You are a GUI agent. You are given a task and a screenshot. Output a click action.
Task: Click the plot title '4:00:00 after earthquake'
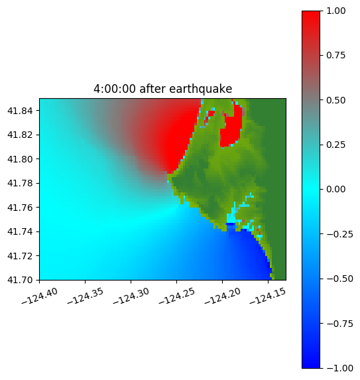coord(163,89)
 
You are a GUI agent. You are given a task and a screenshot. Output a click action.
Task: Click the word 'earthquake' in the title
coord(201,89)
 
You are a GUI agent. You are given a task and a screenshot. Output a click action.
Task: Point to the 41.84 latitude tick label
coord(20,111)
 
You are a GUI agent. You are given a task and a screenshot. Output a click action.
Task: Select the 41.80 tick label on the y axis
coord(20,159)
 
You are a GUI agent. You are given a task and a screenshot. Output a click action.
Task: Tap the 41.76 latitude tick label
coord(20,208)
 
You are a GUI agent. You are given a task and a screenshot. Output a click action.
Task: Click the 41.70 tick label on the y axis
coord(20,280)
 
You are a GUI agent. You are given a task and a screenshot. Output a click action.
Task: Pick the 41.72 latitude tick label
coord(20,256)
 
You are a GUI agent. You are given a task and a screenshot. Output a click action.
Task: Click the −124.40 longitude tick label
coord(40,296)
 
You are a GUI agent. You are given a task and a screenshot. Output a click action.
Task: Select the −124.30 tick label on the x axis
coord(131,296)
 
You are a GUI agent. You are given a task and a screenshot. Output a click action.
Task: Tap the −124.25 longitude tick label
coord(176,296)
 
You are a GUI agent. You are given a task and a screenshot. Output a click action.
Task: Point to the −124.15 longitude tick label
coord(268,296)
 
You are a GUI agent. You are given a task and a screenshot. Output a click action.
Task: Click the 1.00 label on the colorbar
coord(335,11)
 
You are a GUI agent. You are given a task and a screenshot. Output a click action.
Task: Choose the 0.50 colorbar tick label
coord(335,100)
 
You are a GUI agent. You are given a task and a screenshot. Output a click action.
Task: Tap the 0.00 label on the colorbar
coord(335,189)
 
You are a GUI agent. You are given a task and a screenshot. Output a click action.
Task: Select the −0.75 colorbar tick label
coord(339,324)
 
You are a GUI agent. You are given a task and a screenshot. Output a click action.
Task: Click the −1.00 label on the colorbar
coord(339,368)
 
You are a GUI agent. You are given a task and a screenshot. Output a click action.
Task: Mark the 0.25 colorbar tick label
coord(335,145)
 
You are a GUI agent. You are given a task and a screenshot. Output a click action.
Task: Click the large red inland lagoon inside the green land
coord(231,129)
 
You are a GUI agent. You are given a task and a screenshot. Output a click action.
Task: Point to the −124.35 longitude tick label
coord(86,296)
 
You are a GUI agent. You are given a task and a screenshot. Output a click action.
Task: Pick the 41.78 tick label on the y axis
coord(20,183)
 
